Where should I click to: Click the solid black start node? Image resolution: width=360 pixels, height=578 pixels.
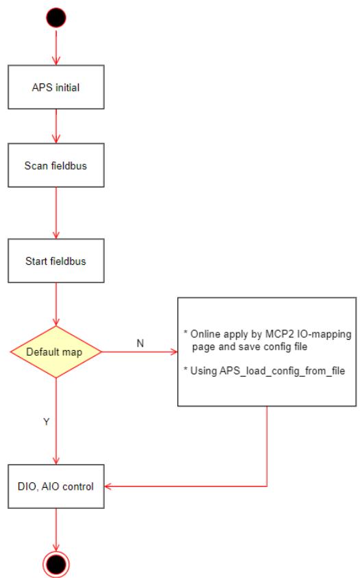(x=56, y=18)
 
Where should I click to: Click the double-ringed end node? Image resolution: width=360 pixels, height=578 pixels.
(x=56, y=564)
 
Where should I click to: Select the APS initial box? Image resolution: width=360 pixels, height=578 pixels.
(x=56, y=87)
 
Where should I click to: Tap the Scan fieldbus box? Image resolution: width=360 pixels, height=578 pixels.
(x=56, y=165)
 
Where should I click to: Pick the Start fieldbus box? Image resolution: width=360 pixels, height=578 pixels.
(x=56, y=261)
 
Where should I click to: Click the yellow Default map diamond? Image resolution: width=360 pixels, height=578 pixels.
(x=56, y=352)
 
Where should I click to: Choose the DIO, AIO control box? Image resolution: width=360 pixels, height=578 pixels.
(x=56, y=486)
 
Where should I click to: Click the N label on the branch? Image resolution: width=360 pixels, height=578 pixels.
(x=140, y=343)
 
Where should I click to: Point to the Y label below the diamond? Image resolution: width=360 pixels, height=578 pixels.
(x=46, y=422)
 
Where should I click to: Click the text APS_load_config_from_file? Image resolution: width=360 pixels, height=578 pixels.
(x=282, y=371)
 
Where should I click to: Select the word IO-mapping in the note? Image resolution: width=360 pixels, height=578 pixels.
(x=324, y=334)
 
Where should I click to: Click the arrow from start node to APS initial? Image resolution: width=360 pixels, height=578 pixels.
(x=56, y=47)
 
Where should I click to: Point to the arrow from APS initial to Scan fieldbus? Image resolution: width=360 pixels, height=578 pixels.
(x=56, y=126)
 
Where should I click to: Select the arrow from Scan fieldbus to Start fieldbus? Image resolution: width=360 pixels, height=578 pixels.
(x=56, y=213)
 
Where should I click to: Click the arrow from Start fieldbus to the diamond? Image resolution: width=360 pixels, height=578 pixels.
(x=56, y=304)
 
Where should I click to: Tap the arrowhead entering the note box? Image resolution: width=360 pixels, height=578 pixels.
(x=174, y=352)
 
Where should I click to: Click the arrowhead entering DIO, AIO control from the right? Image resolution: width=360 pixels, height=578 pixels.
(x=108, y=486)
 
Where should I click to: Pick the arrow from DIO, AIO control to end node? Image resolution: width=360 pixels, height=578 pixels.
(x=56, y=529)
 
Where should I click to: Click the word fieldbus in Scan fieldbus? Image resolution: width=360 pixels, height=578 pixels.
(x=69, y=166)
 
